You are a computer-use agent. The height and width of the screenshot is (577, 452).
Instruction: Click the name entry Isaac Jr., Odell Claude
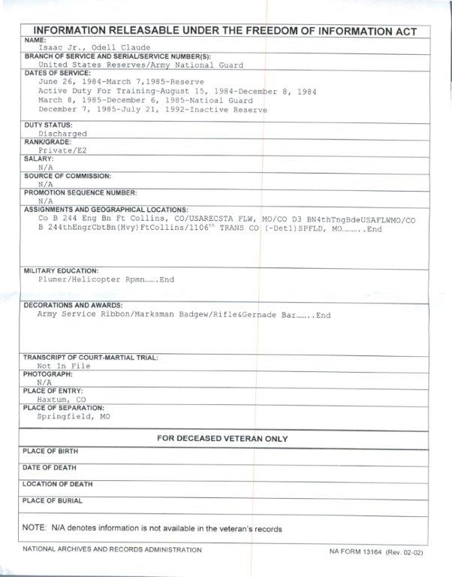(x=93, y=48)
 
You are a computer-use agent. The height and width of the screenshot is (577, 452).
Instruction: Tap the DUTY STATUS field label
(x=48, y=125)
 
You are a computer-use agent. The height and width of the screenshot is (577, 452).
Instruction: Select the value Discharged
(x=62, y=134)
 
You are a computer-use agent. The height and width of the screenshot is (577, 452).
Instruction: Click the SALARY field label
(x=38, y=159)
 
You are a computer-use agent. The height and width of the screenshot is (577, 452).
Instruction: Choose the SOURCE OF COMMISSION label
(x=67, y=175)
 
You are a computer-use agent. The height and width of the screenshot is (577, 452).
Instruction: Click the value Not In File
(x=64, y=366)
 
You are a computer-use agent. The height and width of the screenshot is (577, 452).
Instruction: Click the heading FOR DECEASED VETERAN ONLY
(x=221, y=439)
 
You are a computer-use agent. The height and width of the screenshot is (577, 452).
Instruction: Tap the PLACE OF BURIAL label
(x=53, y=500)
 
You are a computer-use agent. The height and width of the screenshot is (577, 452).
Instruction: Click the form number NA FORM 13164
(x=356, y=551)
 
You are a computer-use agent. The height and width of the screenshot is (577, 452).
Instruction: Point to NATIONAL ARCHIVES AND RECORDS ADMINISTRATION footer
(x=112, y=549)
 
